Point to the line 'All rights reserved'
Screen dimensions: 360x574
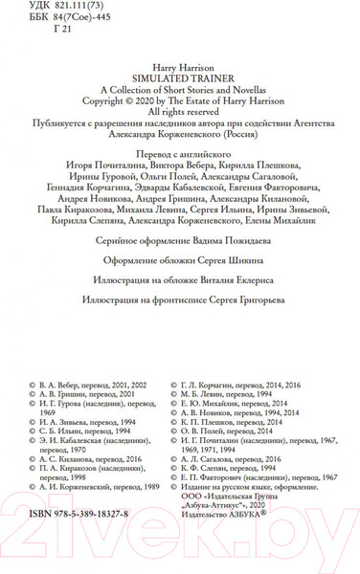(180, 110)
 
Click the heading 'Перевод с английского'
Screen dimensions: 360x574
(180, 152)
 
